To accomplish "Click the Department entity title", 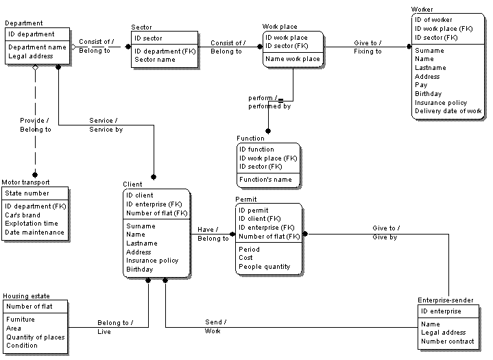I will (x=23, y=23).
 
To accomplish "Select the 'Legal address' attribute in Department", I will (x=30, y=56).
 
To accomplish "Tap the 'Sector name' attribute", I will (x=155, y=60).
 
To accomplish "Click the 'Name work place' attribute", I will (x=292, y=59).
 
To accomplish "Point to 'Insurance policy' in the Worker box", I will (x=441, y=103).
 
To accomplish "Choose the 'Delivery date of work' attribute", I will (x=448, y=111).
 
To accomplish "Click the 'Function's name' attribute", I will (x=265, y=180).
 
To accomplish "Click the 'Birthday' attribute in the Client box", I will (x=140, y=269).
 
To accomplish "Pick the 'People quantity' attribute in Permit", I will (x=265, y=267).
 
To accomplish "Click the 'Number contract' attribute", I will (x=448, y=341).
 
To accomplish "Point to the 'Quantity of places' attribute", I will (x=35, y=337).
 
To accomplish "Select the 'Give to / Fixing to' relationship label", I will (x=368, y=47).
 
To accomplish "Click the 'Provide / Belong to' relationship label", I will (x=35, y=125).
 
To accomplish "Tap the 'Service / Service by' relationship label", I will (x=106, y=125).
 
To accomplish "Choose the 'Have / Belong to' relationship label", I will (x=213, y=235).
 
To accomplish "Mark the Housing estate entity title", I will (x=25, y=296).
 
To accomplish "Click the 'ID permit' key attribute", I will (x=253, y=211).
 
